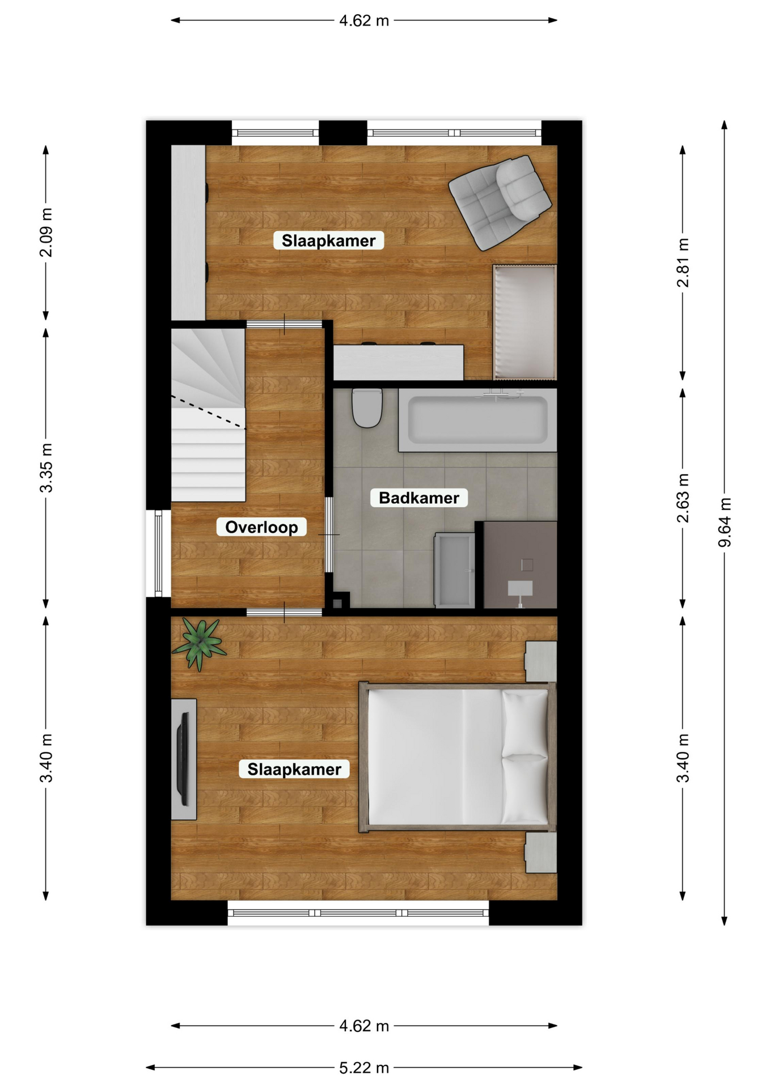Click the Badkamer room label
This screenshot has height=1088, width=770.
coord(419,498)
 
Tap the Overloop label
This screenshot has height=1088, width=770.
coord(261,527)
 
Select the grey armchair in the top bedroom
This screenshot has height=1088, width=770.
coord(500,202)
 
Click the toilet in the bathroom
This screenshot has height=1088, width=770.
coord(367,407)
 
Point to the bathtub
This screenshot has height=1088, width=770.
coord(477,420)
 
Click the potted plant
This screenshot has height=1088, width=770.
coord(199,645)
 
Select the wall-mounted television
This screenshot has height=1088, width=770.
coord(183,759)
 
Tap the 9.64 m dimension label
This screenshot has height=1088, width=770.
coord(725,522)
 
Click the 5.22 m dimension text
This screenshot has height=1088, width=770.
coord(364,1068)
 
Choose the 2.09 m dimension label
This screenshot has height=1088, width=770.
coord(46,232)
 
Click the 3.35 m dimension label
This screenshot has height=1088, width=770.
coord(46,468)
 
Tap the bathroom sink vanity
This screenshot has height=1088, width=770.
coord(454,570)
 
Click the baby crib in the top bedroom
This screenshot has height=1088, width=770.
coord(524,322)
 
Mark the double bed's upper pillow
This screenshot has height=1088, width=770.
coord(525,722)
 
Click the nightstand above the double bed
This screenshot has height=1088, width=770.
coord(540,661)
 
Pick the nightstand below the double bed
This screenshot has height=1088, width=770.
coord(540,852)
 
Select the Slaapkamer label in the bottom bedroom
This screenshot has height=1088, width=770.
coord(294,769)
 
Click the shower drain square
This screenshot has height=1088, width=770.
coord(527,564)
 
